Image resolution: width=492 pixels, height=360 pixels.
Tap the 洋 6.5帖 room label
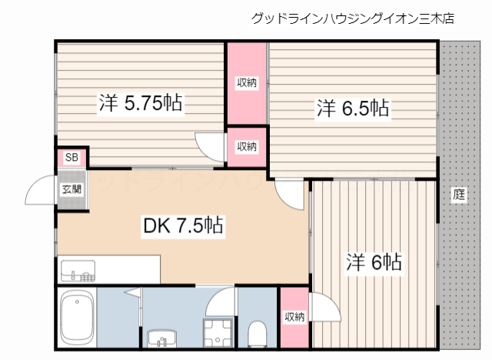click(353, 108)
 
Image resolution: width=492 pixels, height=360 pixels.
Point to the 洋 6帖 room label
click(373, 262)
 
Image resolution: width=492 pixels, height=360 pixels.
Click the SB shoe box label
click(71, 158)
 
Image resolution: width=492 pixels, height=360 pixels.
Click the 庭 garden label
click(459, 195)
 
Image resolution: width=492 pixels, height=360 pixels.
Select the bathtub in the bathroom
click(77, 319)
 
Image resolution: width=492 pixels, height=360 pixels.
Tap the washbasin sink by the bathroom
click(162, 338)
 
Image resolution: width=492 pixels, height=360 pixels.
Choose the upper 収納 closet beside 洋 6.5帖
click(246, 83)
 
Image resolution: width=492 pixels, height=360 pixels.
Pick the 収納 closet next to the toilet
click(294, 316)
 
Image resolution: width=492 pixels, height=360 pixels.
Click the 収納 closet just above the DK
click(246, 146)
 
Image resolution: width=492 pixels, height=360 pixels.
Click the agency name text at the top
click(352, 18)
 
